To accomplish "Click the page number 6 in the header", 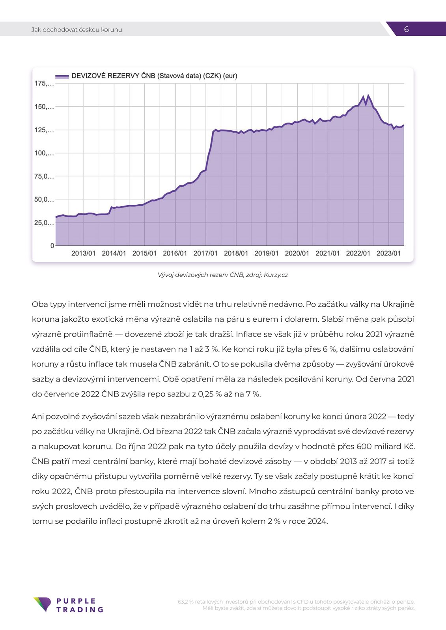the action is tap(406, 29).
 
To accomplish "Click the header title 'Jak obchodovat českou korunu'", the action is tap(77, 30).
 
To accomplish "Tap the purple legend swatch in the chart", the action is tap(62, 76).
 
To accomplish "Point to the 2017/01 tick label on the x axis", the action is tap(205, 254).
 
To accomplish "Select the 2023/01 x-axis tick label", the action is tap(388, 254).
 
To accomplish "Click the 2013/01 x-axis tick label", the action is tap(83, 254).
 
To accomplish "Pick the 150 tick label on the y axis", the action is tap(44, 107).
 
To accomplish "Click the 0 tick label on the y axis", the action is tap(52, 246).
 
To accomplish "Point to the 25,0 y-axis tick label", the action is tap(44, 223).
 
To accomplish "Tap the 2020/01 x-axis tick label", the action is tap(297, 254).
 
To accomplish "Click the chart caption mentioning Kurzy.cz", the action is tap(223, 275).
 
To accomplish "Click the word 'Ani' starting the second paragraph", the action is tap(37, 417).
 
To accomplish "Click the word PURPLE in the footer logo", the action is tap(76, 601).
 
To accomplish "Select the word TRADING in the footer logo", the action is tap(80, 610).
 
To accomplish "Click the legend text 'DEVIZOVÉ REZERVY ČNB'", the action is tap(114, 76).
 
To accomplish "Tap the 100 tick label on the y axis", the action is tap(44, 153).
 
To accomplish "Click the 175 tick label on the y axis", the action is tap(44, 83).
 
